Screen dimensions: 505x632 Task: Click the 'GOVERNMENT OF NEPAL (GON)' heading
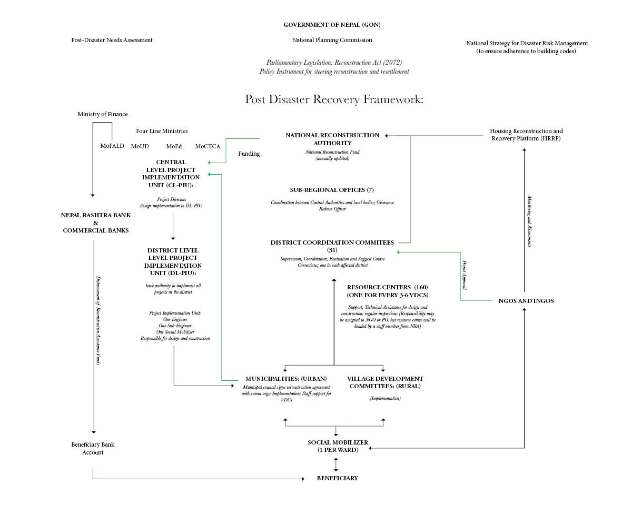click(332, 25)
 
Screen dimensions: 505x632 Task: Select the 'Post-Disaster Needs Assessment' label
click(112, 40)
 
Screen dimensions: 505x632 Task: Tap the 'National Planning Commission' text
click(332, 40)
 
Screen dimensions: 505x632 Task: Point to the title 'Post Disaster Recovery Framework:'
click(334, 99)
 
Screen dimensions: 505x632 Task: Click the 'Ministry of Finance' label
click(103, 114)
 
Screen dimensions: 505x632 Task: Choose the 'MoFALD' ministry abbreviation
click(112, 146)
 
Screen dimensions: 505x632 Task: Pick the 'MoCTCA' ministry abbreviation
click(208, 146)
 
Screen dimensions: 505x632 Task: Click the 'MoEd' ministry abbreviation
click(174, 146)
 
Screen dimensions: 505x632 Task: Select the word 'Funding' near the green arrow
click(249, 154)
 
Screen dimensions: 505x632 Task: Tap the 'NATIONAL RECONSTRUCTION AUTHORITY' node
click(332, 139)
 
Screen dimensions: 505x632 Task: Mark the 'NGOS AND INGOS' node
click(526, 301)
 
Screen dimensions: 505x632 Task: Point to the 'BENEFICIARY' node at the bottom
click(337, 478)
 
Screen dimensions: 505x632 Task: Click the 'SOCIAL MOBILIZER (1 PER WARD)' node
click(338, 446)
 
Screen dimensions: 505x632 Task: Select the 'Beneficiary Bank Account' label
click(93, 448)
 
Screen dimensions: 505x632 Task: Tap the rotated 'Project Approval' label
click(465, 275)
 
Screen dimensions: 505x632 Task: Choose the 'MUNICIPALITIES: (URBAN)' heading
click(286, 379)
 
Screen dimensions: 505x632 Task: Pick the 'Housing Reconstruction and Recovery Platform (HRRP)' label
click(526, 135)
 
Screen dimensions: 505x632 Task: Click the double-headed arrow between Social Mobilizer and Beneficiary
click(335, 464)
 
